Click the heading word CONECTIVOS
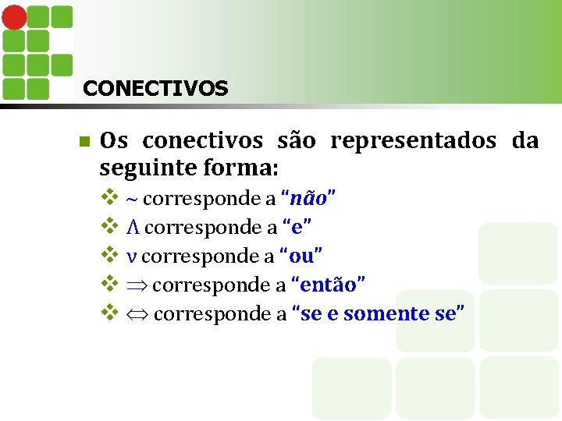155,88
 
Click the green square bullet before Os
84,142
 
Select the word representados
413,141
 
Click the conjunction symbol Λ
133,228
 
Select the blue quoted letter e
298,228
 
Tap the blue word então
329,285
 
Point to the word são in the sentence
297,141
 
